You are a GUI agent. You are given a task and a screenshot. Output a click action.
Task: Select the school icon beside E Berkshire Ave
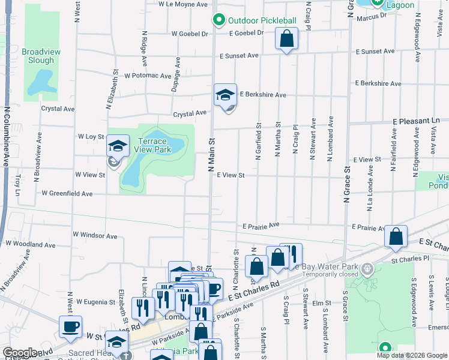coord(225,95)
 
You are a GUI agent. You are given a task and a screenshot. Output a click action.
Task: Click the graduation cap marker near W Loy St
coord(118,146)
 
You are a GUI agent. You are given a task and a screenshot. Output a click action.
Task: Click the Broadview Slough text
coord(41,56)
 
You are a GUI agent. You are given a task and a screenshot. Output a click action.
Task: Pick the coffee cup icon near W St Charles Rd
coord(70,327)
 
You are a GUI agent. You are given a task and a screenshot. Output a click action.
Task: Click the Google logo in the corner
coord(19,353)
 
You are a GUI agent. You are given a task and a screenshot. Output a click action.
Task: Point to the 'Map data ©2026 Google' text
coord(412,355)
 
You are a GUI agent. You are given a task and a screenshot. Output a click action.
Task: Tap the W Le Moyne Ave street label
coord(182,4)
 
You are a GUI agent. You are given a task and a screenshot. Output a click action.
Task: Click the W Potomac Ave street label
coord(148,76)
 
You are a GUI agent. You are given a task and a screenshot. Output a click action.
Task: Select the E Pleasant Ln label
coord(416,121)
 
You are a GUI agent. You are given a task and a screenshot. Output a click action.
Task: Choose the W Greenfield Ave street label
coord(67,194)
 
